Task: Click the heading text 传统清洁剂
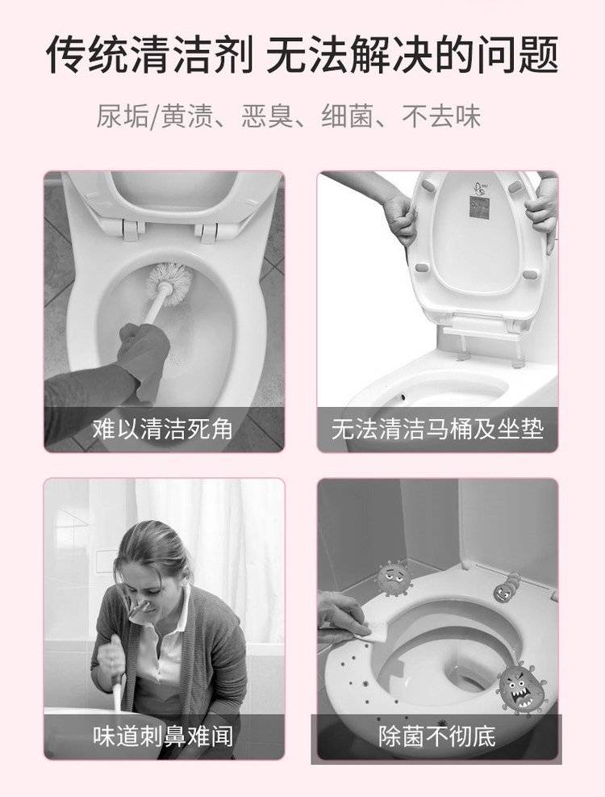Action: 150,54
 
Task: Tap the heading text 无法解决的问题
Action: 412,54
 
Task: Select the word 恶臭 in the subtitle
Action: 267,116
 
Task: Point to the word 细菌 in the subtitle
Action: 348,116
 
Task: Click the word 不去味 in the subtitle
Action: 441,116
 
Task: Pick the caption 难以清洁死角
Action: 163,429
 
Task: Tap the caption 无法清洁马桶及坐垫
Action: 437,429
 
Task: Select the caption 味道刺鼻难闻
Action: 163,736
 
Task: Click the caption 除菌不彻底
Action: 437,736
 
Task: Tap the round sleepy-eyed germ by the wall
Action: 394,578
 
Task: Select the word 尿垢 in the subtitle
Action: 123,116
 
